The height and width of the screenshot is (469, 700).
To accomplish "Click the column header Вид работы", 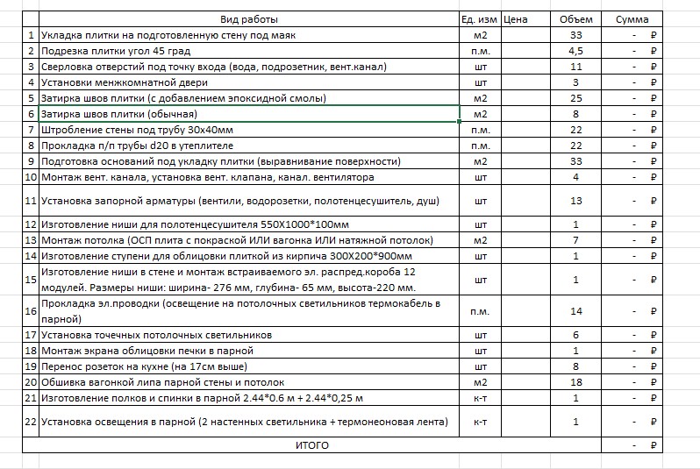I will click(x=249, y=19).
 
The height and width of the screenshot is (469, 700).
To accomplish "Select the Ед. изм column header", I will click(x=479, y=19).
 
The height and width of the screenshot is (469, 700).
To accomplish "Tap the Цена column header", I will click(x=517, y=19).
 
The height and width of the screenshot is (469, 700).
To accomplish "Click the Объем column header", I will click(x=575, y=19).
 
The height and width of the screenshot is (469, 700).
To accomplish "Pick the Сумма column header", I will click(x=632, y=19).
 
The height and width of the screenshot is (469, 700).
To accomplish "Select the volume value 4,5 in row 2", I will click(x=576, y=51).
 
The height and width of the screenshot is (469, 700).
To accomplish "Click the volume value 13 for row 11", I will click(x=576, y=201).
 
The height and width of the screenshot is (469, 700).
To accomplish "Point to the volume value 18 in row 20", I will click(x=576, y=382).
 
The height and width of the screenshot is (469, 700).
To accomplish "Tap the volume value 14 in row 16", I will click(x=576, y=311).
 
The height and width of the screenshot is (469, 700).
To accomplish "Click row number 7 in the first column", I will click(x=32, y=130).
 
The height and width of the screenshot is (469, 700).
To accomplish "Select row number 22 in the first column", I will click(x=32, y=422).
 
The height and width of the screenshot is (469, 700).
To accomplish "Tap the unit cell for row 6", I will click(x=480, y=114).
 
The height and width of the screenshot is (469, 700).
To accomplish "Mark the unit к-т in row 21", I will click(x=480, y=398).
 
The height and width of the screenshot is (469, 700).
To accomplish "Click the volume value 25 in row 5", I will click(x=576, y=98).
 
